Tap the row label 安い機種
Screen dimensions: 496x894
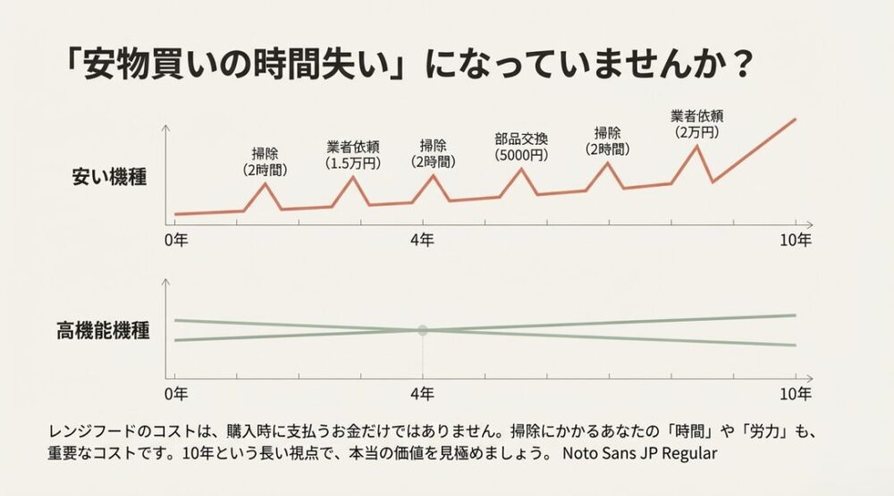pyautogui.click(x=109, y=176)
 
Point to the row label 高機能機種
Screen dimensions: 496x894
pyautogui.click(x=103, y=332)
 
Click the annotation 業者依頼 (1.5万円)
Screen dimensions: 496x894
pyautogui.click(x=353, y=155)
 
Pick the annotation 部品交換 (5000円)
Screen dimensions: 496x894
pyautogui.click(x=521, y=147)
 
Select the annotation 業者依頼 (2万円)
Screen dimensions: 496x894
pyautogui.click(x=696, y=123)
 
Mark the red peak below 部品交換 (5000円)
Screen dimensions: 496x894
pyautogui.click(x=521, y=168)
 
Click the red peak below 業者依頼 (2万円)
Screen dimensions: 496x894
pyautogui.click(x=696, y=145)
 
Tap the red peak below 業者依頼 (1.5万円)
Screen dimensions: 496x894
pyautogui.click(x=353, y=176)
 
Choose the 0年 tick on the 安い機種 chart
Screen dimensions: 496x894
pyautogui.click(x=176, y=240)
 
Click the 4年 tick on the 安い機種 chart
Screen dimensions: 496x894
pyautogui.click(x=423, y=240)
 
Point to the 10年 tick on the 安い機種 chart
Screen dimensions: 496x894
pyautogui.click(x=795, y=240)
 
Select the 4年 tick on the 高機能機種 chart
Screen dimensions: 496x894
pyautogui.click(x=423, y=393)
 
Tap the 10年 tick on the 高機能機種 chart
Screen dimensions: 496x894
pyautogui.click(x=795, y=393)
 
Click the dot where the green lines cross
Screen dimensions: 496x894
pyautogui.click(x=423, y=330)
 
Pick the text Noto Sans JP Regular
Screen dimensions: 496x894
pyautogui.click(x=640, y=453)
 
